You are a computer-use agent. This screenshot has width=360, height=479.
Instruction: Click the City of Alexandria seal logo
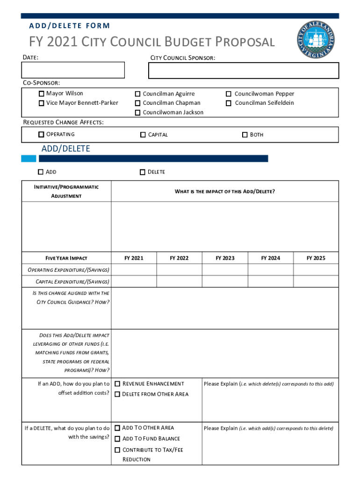click(316, 40)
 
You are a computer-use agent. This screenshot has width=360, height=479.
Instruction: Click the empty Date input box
click(73, 70)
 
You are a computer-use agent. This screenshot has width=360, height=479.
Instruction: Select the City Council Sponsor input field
click(243, 71)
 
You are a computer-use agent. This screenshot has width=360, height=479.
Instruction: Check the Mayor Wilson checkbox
click(42, 94)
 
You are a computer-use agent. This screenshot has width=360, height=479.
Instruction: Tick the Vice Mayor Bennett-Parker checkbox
click(42, 103)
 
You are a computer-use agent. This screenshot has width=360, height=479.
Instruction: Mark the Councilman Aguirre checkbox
click(138, 94)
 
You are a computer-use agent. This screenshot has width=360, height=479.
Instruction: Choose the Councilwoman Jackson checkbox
click(138, 113)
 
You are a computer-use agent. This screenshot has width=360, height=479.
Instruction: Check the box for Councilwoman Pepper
click(229, 94)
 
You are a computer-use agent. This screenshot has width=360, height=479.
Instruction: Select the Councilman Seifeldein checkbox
click(229, 103)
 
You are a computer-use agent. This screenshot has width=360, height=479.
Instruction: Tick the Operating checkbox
click(42, 135)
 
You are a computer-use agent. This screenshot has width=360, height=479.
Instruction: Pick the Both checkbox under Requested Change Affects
click(245, 135)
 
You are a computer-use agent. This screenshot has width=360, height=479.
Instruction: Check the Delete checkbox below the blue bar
click(142, 172)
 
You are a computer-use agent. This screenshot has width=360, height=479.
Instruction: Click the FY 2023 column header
click(225, 258)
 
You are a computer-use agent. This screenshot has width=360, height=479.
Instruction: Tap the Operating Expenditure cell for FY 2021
click(134, 270)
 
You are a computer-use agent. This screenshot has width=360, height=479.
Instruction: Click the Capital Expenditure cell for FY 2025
click(316, 282)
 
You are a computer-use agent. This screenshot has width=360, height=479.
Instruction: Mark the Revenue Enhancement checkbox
click(117, 384)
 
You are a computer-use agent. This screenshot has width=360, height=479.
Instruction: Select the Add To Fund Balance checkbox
click(117, 439)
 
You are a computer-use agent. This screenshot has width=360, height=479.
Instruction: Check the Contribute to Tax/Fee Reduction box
click(117, 450)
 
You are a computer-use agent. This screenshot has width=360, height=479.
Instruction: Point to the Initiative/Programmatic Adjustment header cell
click(66, 191)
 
